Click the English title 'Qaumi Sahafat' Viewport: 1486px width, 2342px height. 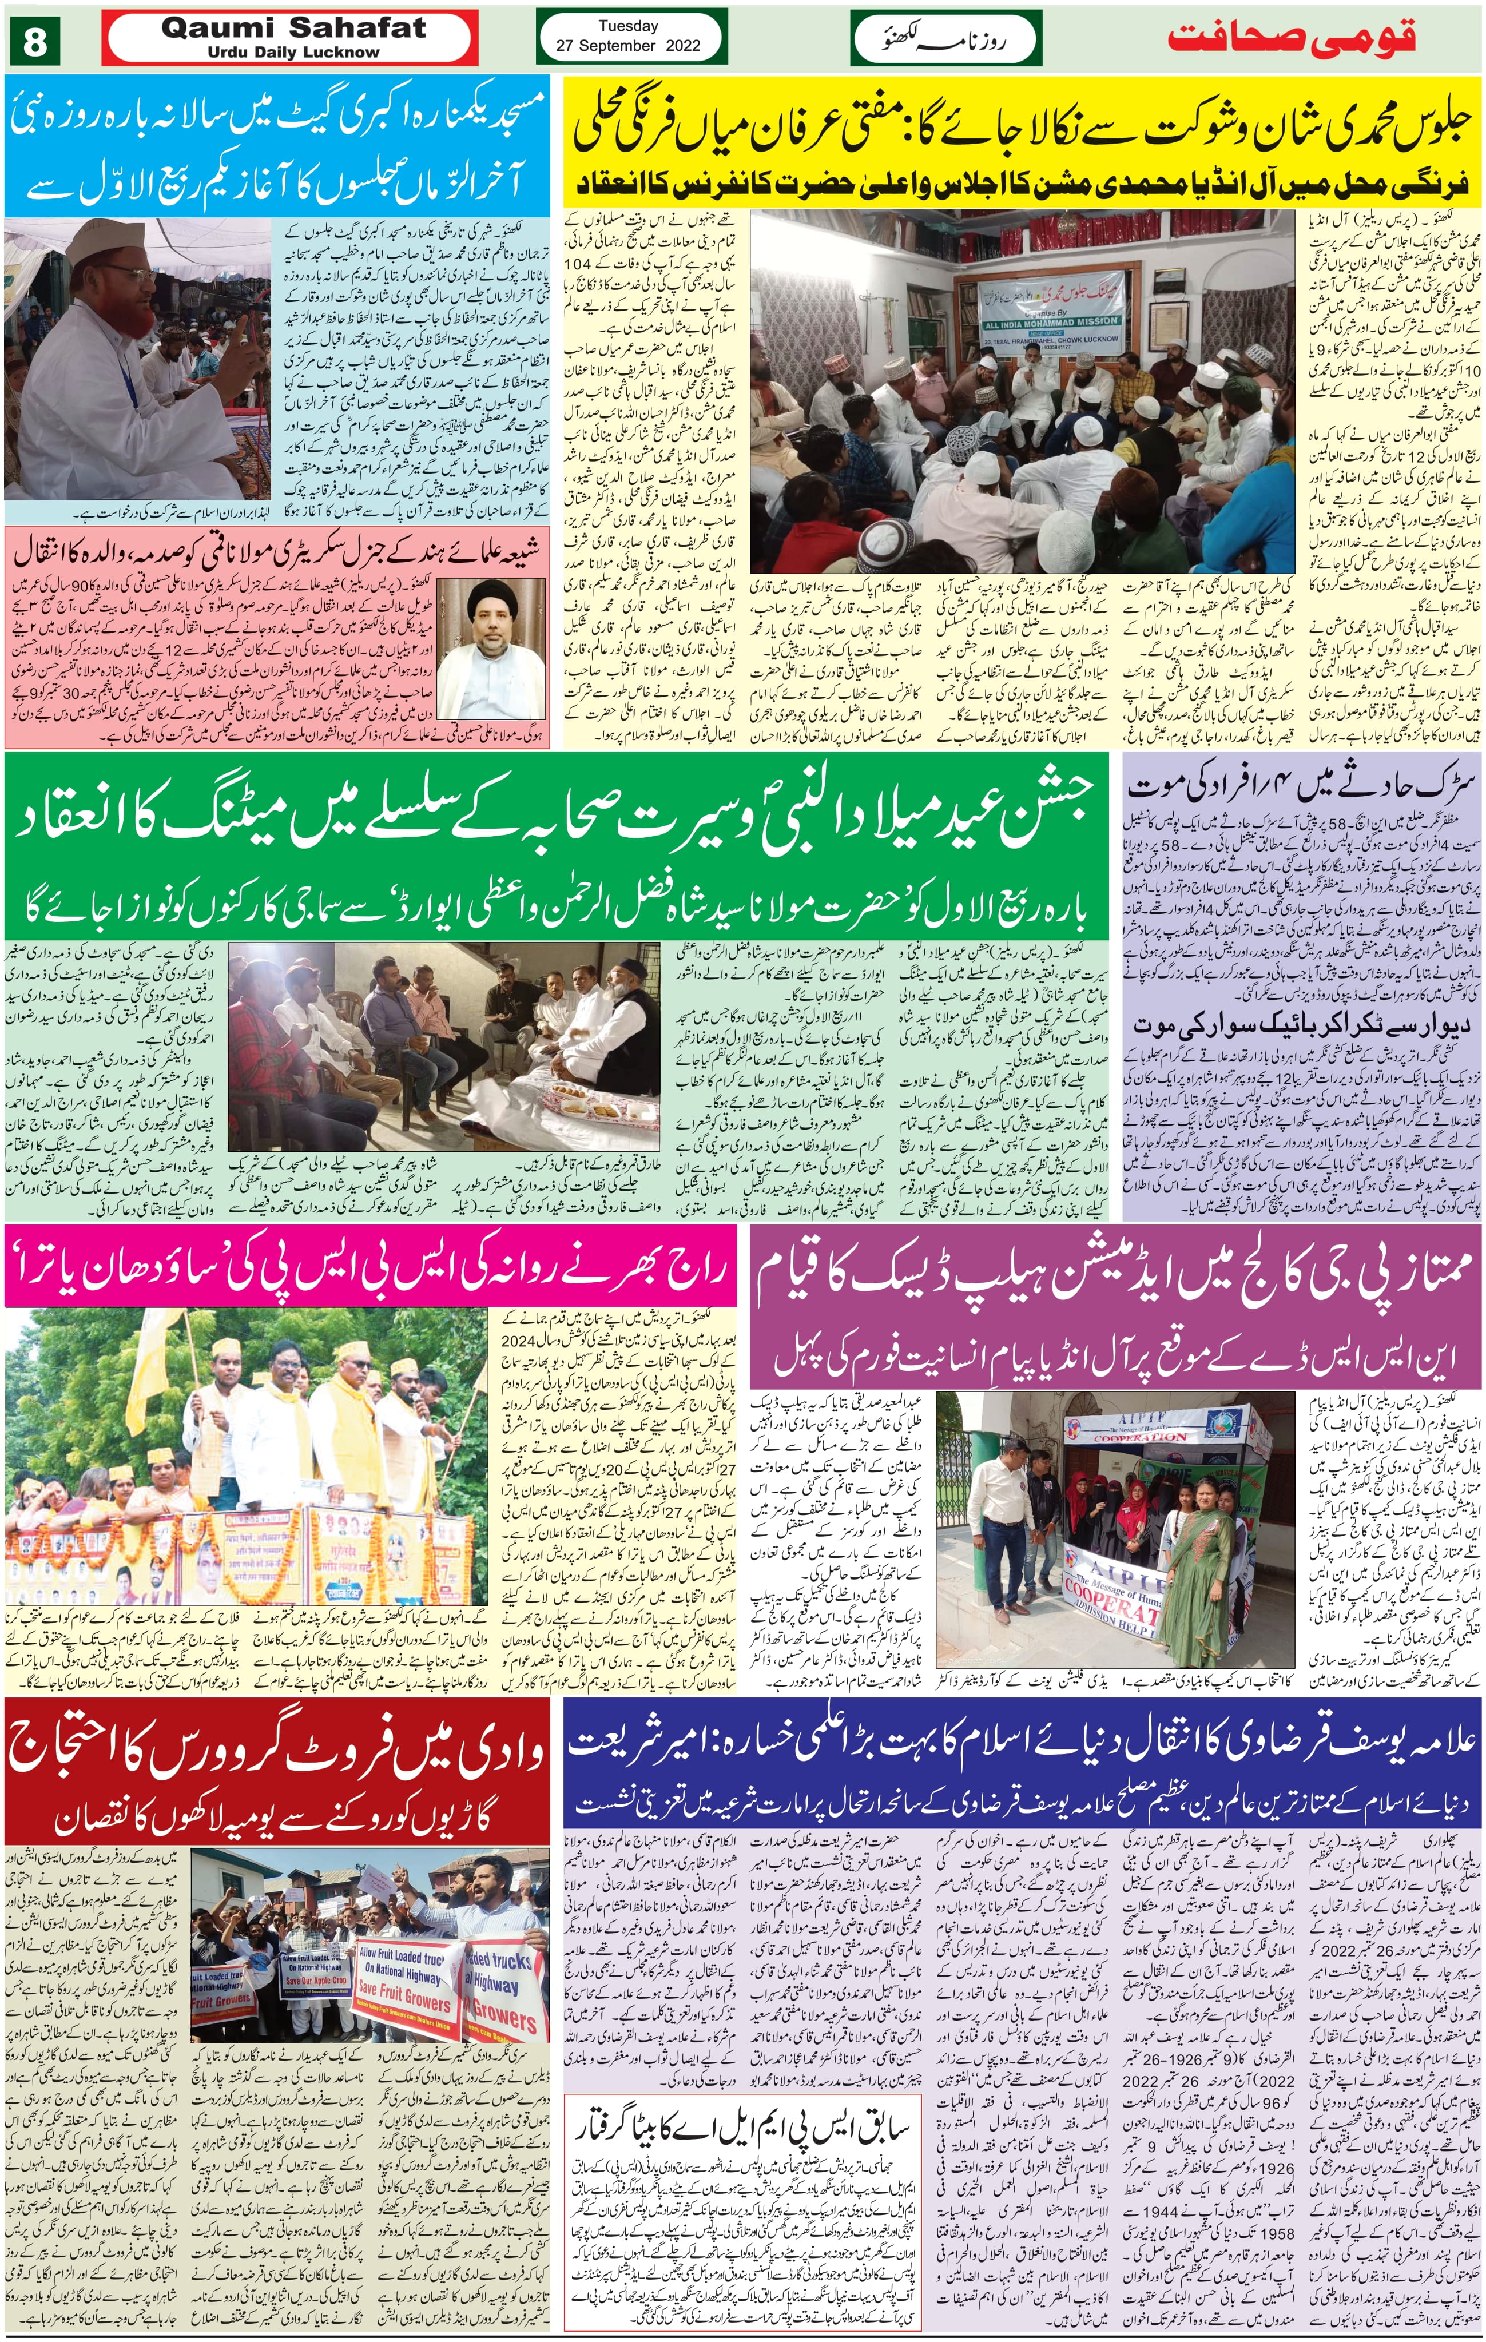point(293,29)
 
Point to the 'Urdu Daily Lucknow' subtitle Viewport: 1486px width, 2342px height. point(293,53)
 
